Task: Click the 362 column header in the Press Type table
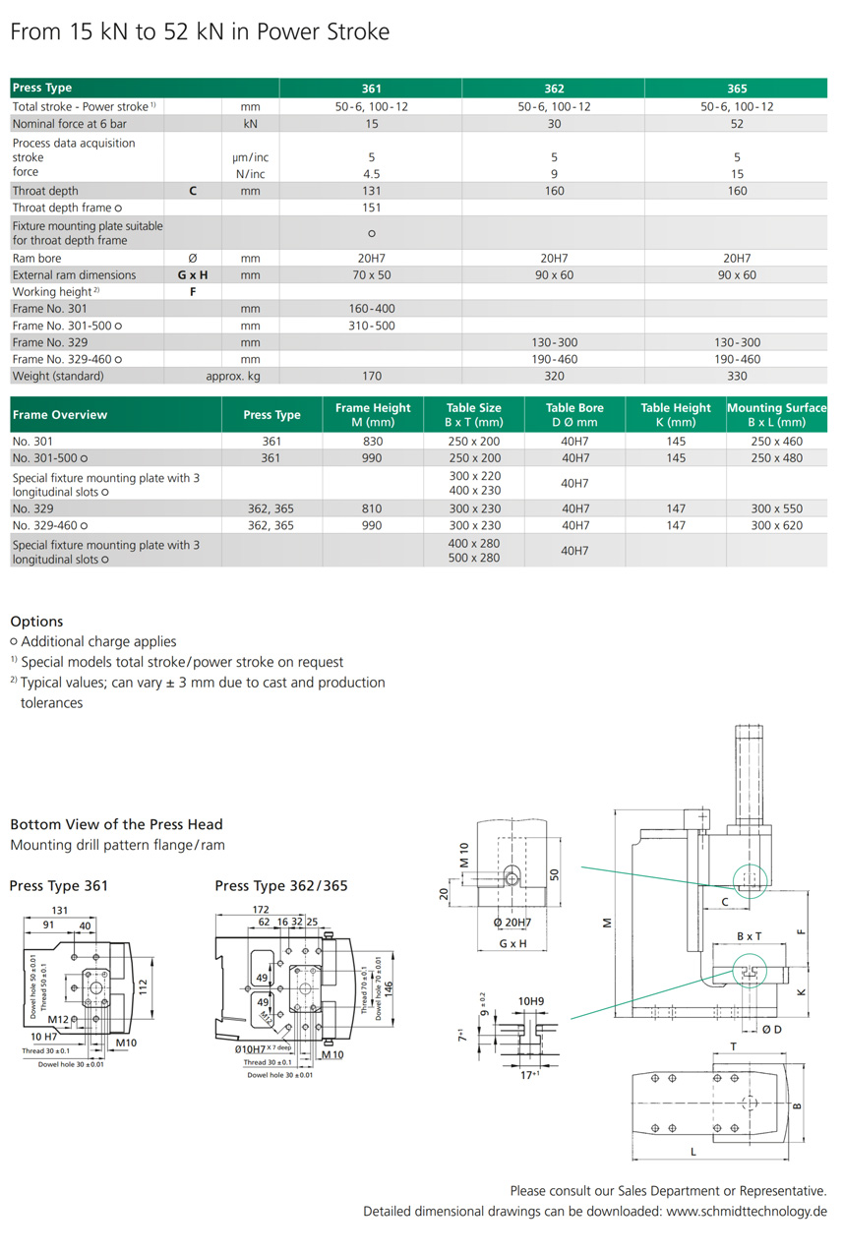coord(554,89)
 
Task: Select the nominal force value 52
coord(737,124)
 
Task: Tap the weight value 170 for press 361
coord(372,376)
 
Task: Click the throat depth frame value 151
coord(372,208)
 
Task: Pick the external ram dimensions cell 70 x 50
coord(372,275)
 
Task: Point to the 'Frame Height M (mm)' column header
coord(372,414)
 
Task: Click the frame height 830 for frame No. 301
coord(372,442)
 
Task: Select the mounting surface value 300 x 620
coord(777,525)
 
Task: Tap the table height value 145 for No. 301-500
coord(676,458)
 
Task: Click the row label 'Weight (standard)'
coord(58,376)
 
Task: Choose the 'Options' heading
coord(36,622)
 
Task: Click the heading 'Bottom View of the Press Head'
coord(116,824)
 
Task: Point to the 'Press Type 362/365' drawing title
coord(280,886)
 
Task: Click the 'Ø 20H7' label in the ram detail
coord(512,923)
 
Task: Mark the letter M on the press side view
coord(606,922)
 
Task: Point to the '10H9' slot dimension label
coord(530,1001)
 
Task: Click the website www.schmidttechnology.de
coord(747,1211)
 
